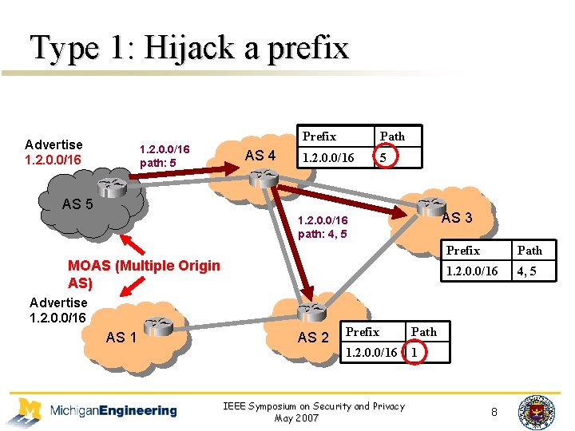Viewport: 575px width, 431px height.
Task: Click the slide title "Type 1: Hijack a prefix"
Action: click(x=189, y=48)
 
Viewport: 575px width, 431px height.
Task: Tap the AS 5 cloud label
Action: click(x=77, y=204)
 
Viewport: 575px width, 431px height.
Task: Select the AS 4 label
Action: click(x=260, y=156)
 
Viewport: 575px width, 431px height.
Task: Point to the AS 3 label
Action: click(x=457, y=218)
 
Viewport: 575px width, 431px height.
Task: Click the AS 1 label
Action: click(x=121, y=338)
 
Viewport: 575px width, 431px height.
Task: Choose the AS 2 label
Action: click(x=312, y=338)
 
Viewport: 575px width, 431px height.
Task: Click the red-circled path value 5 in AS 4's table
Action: click(x=384, y=158)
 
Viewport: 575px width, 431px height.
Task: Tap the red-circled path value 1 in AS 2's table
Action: click(x=414, y=352)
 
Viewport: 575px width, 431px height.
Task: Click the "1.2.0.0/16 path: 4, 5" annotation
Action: click(x=323, y=227)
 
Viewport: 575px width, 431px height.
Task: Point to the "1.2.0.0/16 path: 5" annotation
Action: click(x=165, y=156)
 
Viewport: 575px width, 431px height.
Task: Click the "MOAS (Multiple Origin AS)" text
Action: click(x=144, y=274)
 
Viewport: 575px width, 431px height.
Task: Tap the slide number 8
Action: click(x=494, y=412)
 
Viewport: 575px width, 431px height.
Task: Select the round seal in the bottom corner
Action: click(x=536, y=411)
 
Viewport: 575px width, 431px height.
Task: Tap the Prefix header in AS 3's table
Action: click(x=463, y=251)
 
